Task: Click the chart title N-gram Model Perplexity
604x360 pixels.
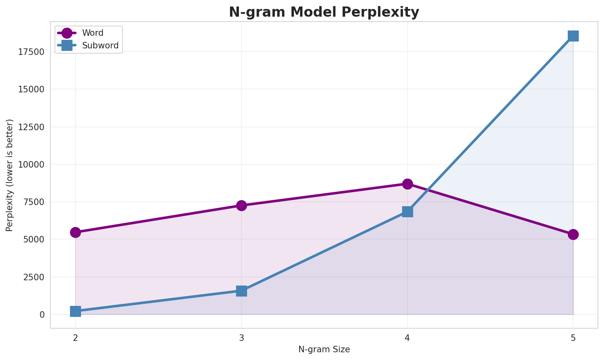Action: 324,12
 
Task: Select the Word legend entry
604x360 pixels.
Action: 92,33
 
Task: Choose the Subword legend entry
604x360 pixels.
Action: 100,46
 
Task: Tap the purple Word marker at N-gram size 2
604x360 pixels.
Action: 75,232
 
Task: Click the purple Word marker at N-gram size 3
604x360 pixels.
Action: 241,205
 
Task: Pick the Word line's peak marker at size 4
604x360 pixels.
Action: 407,184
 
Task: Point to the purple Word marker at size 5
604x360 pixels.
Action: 573,234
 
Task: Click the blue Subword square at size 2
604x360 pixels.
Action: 75,311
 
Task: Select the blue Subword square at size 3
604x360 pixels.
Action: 241,291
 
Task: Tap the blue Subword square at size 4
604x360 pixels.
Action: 407,212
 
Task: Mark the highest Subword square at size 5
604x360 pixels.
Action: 573,36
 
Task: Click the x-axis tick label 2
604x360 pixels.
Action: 75,338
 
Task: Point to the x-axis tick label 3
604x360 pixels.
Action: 241,338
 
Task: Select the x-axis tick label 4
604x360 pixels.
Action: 407,338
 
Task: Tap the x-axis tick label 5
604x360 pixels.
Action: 573,338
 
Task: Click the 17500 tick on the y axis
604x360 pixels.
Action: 31,52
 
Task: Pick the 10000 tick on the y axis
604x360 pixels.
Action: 31,165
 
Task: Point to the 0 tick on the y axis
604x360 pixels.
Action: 42,315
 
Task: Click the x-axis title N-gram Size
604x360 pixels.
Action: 324,349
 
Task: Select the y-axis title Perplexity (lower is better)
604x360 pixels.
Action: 10,175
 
